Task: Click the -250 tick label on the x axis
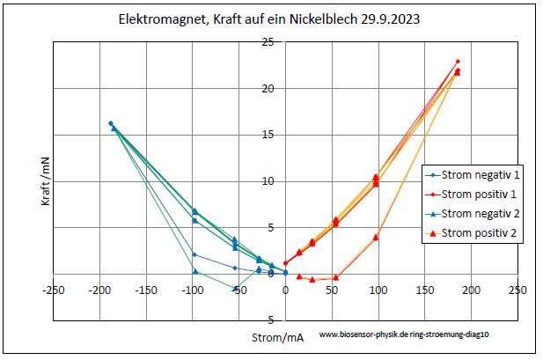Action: (54, 289)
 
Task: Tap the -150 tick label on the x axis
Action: (146, 289)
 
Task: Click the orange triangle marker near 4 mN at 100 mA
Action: (376, 236)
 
